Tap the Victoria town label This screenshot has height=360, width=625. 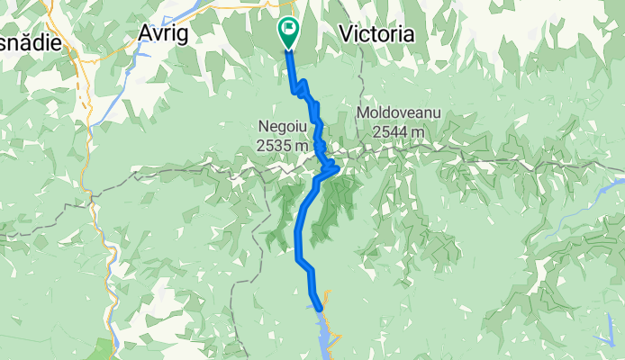coord(377,33)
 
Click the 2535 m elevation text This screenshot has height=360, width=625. coord(282,144)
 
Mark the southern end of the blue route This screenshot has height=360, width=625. coord(320,307)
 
